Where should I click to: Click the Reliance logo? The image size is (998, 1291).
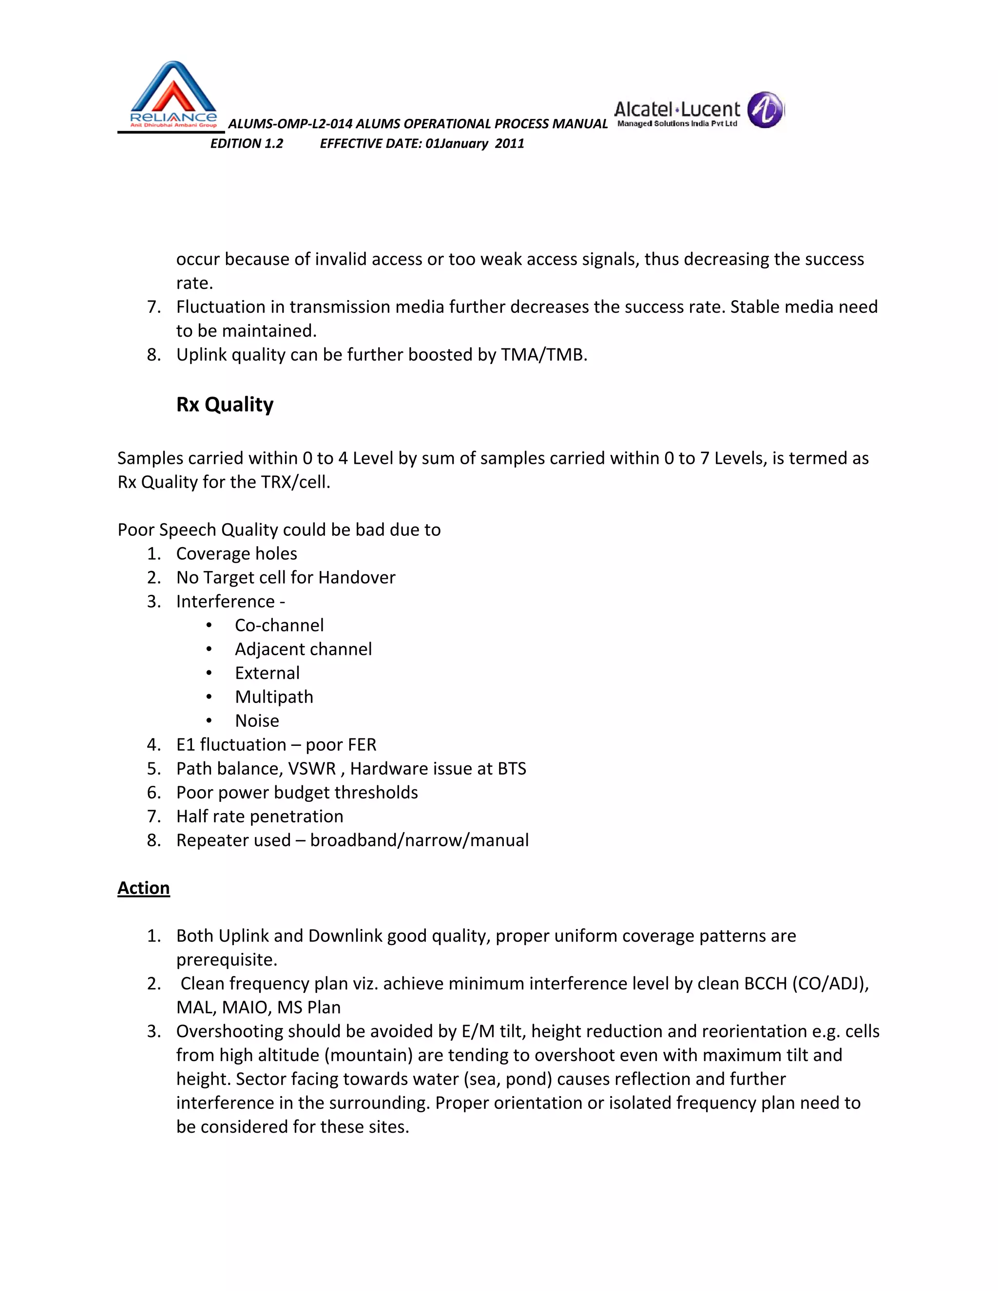[x=173, y=95]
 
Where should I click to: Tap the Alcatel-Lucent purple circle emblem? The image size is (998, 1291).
[x=765, y=110]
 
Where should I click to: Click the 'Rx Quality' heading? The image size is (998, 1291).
[x=225, y=404]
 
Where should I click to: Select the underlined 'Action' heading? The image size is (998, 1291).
[x=144, y=888]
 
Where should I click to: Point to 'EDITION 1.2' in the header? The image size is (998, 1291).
[x=247, y=144]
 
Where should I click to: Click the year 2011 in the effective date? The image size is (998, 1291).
[x=510, y=144]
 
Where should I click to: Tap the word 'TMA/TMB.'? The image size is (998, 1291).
[x=544, y=355]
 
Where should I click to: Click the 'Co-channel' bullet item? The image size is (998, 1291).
[x=279, y=626]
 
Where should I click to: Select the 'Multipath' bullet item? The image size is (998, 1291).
[x=274, y=697]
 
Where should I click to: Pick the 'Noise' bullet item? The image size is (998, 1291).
[x=257, y=721]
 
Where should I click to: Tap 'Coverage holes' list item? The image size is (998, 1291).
[x=236, y=554]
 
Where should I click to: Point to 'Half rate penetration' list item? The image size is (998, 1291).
[x=260, y=816]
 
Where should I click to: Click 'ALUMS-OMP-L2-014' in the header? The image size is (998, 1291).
[x=290, y=124]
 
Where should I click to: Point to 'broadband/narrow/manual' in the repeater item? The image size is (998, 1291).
[x=419, y=840]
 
